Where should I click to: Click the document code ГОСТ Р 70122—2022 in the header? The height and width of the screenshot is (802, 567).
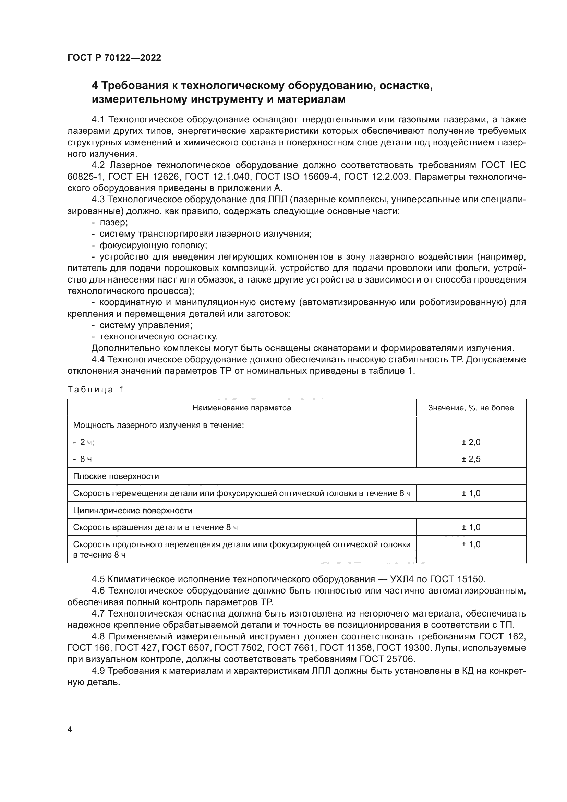[x=114, y=58]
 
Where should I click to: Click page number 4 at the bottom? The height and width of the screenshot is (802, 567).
[x=70, y=730]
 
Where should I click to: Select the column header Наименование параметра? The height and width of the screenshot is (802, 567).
[x=242, y=408]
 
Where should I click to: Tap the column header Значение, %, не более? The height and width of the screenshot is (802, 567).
[x=471, y=408]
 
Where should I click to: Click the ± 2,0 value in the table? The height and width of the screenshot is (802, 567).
[x=471, y=442]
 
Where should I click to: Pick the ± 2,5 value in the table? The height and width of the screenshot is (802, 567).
[x=471, y=459]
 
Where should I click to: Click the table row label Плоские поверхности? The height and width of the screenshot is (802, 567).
[x=116, y=477]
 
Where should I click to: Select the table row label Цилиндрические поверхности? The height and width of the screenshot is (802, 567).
[x=133, y=511]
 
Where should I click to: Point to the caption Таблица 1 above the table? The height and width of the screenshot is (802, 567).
[x=96, y=390]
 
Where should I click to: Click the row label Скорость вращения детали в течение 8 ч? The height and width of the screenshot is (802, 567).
[x=155, y=527]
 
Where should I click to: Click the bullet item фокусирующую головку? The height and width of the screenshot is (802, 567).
[x=153, y=246]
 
